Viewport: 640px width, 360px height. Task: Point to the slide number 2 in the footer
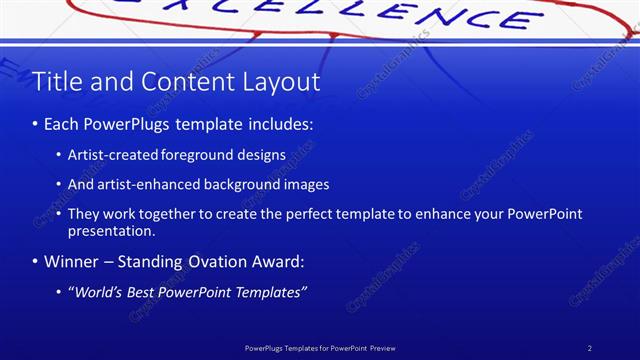pyautogui.click(x=590, y=348)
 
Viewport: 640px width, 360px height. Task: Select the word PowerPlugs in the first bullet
pyautogui.click(x=140, y=125)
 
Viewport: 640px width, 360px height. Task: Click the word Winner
pyautogui.click(x=70, y=262)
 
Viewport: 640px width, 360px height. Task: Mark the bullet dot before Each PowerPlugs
pyautogui.click(x=36, y=125)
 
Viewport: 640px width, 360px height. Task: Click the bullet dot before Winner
pyautogui.click(x=36, y=262)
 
